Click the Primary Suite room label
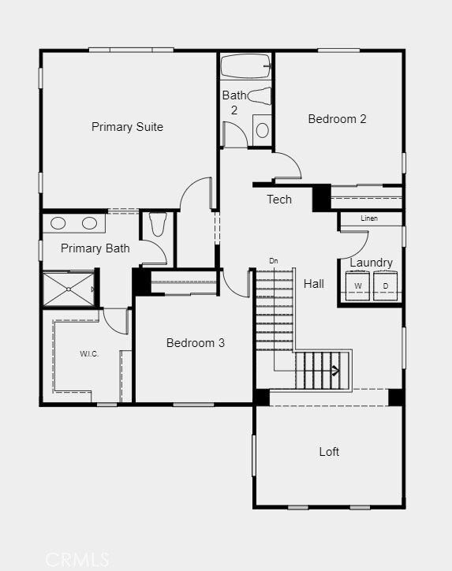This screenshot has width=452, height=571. pos(127,127)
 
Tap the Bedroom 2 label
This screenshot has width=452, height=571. pos(337,119)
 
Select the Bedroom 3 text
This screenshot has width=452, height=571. pos(196,343)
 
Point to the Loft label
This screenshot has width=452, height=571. pos(329,452)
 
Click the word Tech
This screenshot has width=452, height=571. pos(279,200)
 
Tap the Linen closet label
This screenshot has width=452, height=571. pos(369,218)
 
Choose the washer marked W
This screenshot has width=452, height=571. pos(358,285)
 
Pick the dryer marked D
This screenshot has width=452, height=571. pos(386,285)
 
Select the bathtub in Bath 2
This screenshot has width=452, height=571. pos(245,65)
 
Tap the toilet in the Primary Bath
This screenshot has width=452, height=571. pos(157,225)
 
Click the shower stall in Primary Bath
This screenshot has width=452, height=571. pos(68,289)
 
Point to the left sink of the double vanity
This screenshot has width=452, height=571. pos(59,223)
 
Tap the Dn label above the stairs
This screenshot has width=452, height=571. pos(274,261)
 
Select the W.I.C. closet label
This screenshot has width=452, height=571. pos(88,354)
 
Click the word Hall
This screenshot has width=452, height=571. pos(314,284)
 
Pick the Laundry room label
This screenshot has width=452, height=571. pos(371,263)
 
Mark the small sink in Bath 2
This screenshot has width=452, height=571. pos(262,129)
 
